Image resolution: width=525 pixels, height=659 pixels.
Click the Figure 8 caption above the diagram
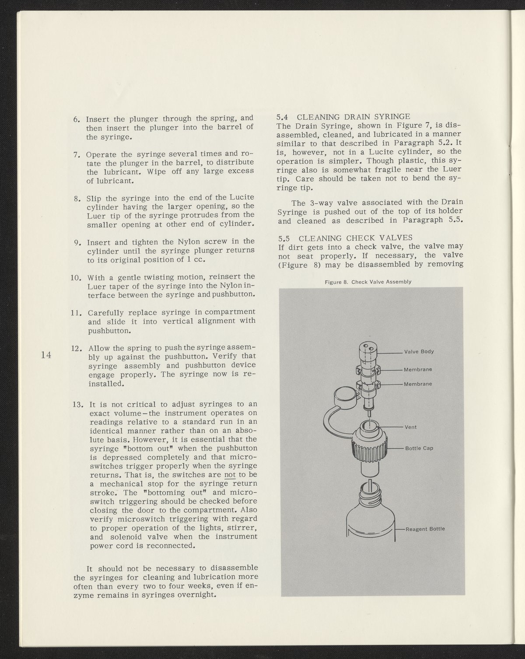tap(368, 282)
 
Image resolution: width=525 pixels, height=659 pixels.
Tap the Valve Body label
tap(419, 352)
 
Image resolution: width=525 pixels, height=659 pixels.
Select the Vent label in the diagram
tap(412, 427)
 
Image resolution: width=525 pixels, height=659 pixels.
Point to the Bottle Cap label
tap(419, 448)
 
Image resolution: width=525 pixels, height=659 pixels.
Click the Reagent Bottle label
tap(425, 529)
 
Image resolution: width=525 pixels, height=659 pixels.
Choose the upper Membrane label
tap(418, 370)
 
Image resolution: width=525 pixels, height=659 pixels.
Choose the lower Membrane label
tap(418, 384)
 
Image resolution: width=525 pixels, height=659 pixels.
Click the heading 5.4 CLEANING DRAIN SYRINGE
tap(344, 117)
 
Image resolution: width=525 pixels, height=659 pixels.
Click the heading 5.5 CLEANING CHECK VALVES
tap(345, 238)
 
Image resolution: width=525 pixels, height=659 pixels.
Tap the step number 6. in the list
tap(77, 119)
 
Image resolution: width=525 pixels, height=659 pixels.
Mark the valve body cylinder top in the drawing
tap(367, 348)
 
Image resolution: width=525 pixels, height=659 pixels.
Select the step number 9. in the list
tap(78, 242)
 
